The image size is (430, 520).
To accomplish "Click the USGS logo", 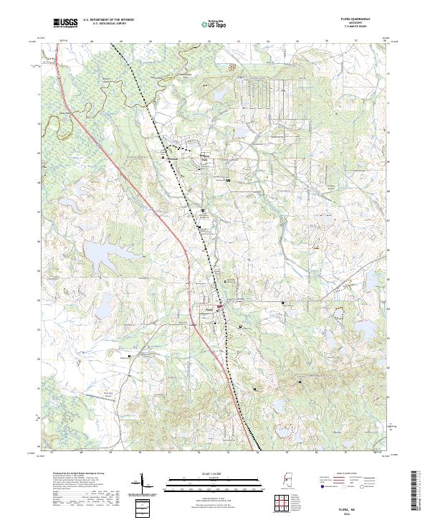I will pos(65,23).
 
